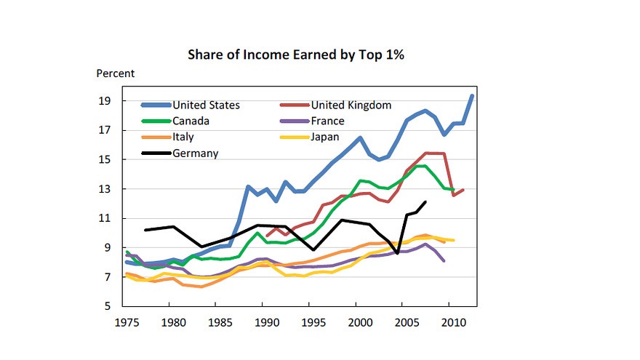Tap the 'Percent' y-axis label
(116, 73)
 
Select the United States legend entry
(206, 105)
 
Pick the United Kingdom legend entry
(351, 105)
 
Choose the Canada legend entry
(192, 121)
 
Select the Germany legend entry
(196, 153)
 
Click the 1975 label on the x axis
(126, 321)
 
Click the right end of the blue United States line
(472, 96)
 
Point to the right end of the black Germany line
(425, 202)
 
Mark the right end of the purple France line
(444, 260)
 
